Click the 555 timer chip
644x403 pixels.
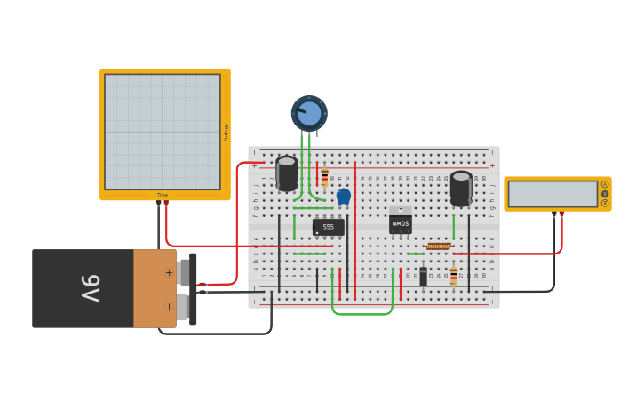328,227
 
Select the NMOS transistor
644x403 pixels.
400,223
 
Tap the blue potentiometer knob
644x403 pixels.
309,114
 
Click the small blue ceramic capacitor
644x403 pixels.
344,196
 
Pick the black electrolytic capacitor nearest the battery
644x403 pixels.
287,173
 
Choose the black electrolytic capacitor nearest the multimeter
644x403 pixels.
461,188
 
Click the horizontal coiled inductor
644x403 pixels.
439,246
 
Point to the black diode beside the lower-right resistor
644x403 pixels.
423,276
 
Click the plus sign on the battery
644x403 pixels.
169,272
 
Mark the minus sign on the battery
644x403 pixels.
169,307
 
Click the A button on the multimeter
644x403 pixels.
605,184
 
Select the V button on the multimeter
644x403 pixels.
605,193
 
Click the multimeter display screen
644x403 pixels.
553,194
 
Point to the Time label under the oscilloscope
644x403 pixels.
163,195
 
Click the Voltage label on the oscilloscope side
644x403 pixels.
226,132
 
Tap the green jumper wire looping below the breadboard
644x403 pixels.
362,313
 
